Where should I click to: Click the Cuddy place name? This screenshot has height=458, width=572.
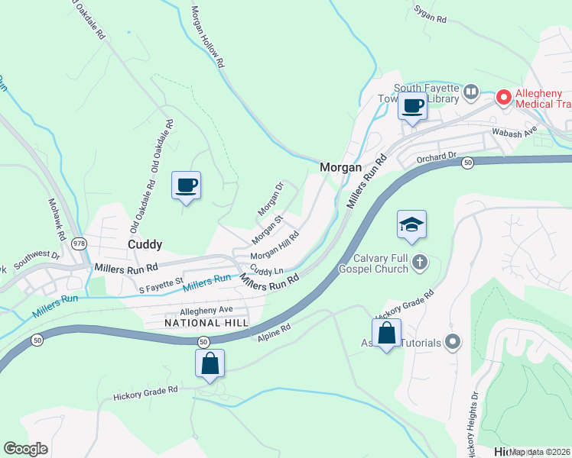(145, 244)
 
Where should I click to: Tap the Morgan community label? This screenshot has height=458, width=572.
(340, 166)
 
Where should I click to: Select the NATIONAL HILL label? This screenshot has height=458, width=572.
(206, 323)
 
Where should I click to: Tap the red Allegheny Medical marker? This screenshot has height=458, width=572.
(503, 97)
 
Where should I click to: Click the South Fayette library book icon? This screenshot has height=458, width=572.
(471, 92)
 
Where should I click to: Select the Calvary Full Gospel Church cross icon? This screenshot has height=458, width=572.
(419, 263)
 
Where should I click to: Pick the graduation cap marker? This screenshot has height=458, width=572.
(411, 225)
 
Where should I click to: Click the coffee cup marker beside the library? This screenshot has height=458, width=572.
(413, 105)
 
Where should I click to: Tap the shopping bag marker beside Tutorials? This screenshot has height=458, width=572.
(386, 333)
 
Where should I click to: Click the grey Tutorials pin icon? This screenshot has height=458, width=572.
(453, 342)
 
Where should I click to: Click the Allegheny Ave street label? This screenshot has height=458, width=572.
(206, 311)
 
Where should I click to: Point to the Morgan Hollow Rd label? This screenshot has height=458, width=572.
(207, 37)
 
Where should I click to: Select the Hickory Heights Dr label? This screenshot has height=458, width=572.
(470, 424)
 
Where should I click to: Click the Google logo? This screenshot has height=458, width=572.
(26, 449)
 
